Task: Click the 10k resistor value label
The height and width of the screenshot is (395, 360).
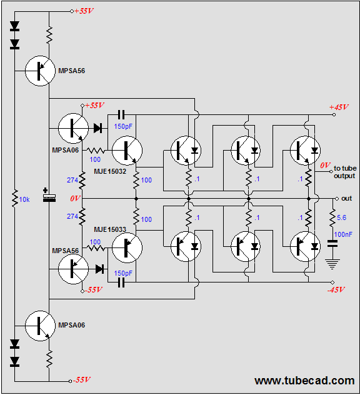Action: (24, 199)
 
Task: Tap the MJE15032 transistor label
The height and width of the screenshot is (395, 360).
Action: (110, 171)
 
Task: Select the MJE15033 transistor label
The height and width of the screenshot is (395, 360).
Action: (110, 229)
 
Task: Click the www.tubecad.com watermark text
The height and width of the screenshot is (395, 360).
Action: (304, 381)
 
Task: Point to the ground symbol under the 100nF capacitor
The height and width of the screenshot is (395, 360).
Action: (332, 264)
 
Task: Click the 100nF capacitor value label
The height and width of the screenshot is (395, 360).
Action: (343, 234)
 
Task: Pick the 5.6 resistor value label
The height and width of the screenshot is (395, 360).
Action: (342, 217)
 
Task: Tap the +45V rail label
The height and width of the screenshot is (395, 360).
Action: (339, 107)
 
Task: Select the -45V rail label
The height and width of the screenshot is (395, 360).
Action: (336, 290)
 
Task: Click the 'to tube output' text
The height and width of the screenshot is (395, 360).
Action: (345, 172)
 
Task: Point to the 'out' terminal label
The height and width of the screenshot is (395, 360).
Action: (347, 199)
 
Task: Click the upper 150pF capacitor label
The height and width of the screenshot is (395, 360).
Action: (123, 126)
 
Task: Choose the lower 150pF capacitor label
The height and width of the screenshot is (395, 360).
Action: (123, 273)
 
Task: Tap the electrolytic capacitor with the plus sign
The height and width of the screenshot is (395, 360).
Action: (49, 196)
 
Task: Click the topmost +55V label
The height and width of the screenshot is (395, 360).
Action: (84, 11)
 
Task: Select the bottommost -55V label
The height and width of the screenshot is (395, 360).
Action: (82, 379)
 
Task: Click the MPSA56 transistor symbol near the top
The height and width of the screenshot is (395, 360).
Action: (40, 71)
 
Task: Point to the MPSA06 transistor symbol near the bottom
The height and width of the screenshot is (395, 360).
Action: (40, 326)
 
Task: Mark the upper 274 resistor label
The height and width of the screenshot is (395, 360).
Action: (72, 180)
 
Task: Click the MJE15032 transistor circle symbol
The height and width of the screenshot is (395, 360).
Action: (127, 151)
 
